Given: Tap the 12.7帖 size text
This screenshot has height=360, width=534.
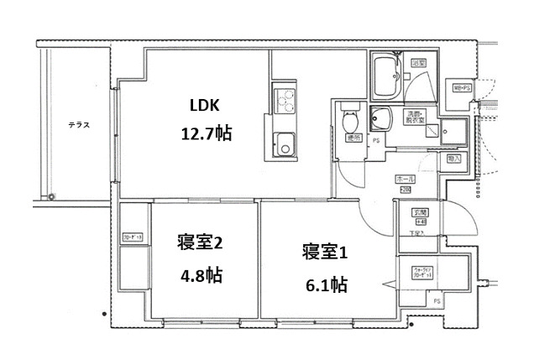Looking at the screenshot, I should click(207, 133).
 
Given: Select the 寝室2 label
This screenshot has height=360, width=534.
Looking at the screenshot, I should click(199, 243).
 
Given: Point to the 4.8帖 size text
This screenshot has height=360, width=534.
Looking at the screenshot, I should click(201, 274).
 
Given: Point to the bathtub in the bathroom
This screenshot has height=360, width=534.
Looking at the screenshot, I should click(387, 75).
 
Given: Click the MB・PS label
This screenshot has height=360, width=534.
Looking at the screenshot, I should click(462, 88).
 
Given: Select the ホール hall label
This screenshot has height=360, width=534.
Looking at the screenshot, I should click(405, 180).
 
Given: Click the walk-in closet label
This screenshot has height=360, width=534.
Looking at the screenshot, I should click(421, 273).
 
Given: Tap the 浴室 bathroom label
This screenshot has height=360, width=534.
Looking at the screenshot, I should click(417, 63).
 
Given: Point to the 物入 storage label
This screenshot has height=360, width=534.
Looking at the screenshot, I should click(454, 158).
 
